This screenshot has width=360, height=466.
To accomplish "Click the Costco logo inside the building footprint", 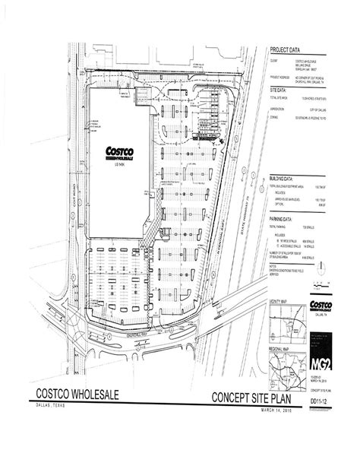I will click(118, 152).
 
